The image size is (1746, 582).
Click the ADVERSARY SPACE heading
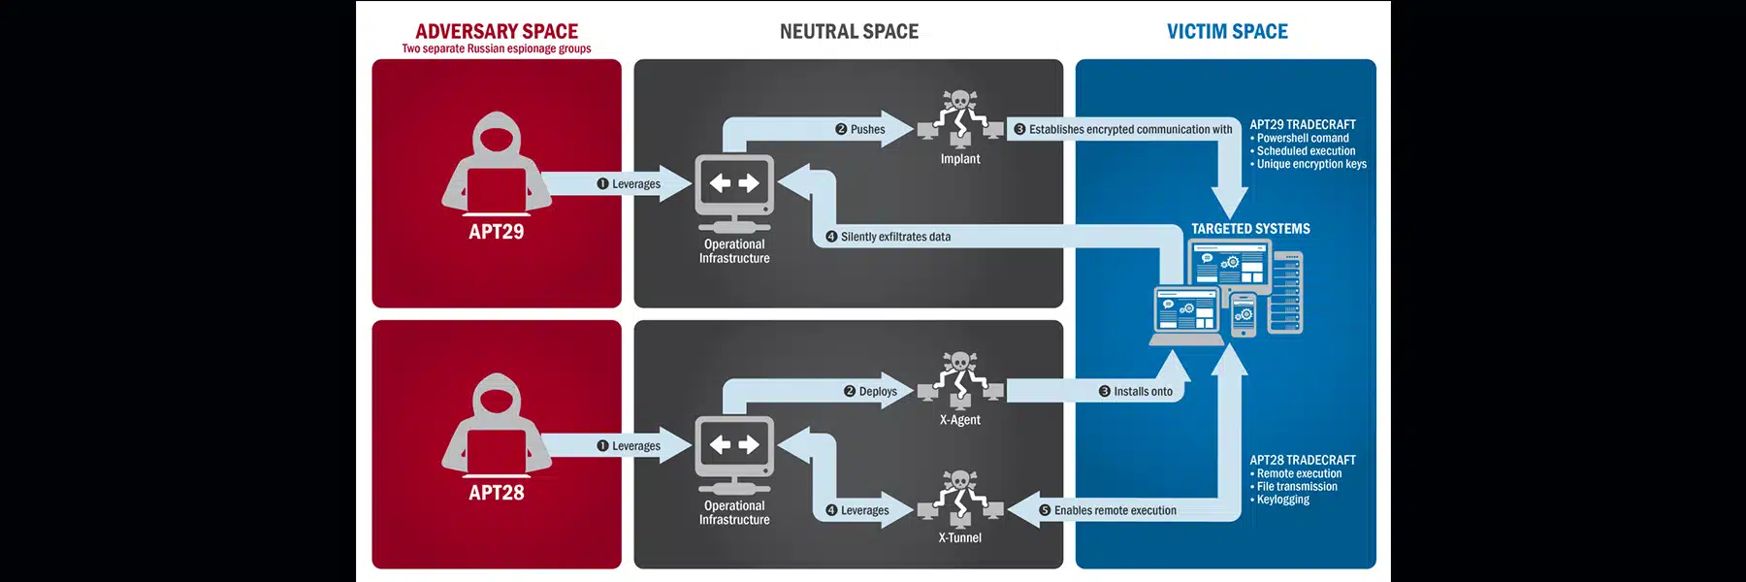[497, 31]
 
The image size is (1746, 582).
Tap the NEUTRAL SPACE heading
[849, 31]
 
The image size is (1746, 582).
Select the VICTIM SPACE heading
[1227, 31]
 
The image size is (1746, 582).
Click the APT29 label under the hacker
[496, 232]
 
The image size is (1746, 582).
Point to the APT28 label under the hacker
[496, 493]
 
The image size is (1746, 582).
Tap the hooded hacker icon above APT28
[496, 423]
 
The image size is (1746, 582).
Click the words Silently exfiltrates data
[895, 237]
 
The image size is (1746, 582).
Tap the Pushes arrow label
[867, 129]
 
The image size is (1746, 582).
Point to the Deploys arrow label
[877, 391]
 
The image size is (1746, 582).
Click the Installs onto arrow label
[1143, 391]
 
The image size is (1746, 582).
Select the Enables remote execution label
[1115, 510]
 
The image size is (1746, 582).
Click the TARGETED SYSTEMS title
[1250, 229]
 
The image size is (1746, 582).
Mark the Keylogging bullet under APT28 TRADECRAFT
[1282, 500]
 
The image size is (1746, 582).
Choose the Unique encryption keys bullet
[1311, 164]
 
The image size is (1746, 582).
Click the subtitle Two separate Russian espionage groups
[496, 48]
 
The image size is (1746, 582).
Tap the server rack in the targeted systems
[1287, 291]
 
